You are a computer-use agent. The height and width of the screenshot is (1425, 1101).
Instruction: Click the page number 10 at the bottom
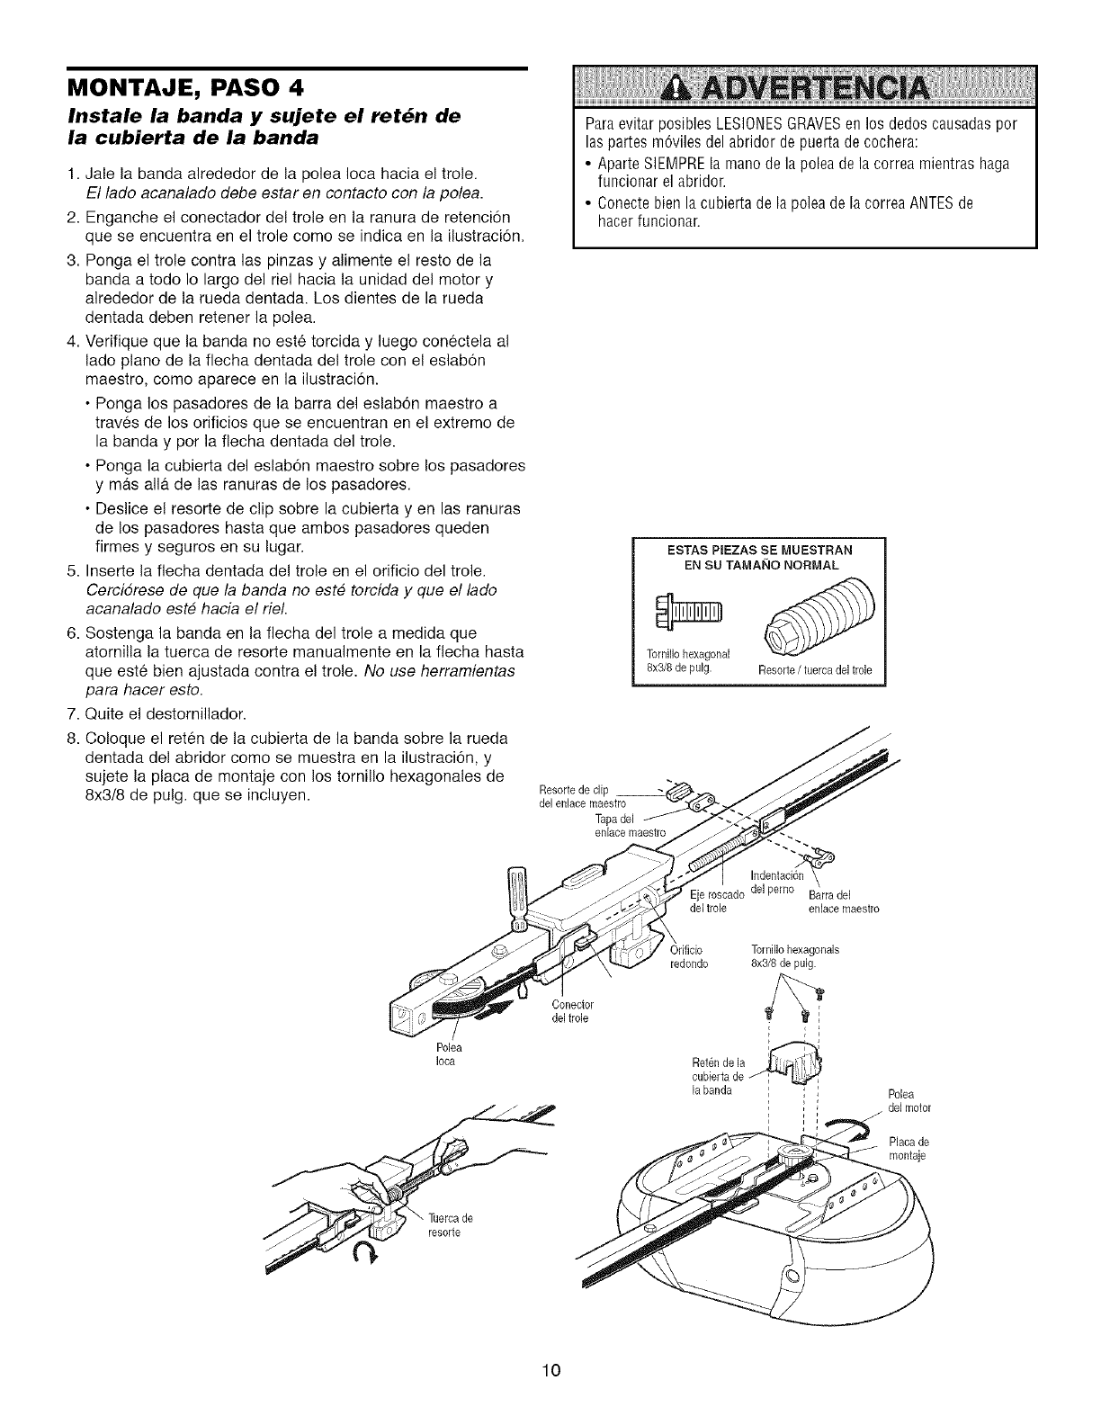pyautogui.click(x=551, y=1371)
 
